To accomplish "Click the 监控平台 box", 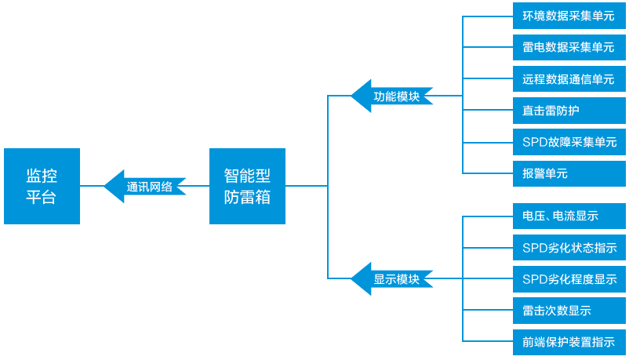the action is pos(42,186).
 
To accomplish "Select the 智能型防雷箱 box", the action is pos(247,186).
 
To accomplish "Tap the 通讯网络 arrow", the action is pos(145,186).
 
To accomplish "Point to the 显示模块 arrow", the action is pos(392,278).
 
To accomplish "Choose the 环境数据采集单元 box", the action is pos(569,16).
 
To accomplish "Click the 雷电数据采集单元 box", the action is pos(569,47).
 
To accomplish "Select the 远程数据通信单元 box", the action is pos(569,78).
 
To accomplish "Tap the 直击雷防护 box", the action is pos(569,111).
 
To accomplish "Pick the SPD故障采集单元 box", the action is pos(569,142).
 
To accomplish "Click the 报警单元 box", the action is pos(569,173).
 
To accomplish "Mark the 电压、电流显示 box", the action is pos(569,216).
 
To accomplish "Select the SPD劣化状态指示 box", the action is pos(569,248).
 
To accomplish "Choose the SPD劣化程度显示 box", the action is pos(569,279).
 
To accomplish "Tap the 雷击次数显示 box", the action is pos(569,311).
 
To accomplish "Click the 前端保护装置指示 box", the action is pos(569,342).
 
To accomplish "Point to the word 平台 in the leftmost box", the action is pos(42,197).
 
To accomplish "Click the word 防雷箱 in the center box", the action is pos(247,197).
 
